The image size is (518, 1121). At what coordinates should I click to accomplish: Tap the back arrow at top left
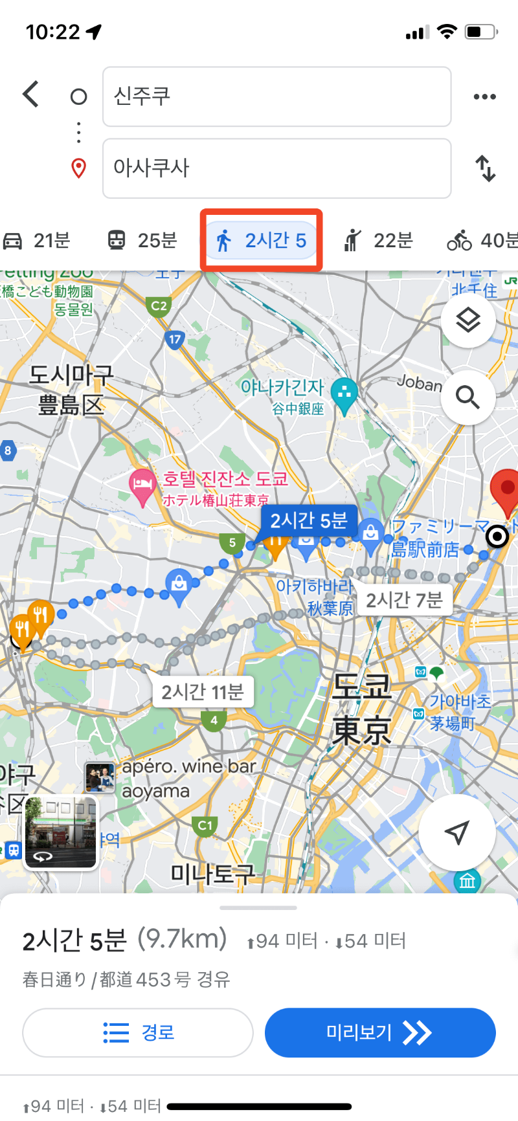(x=31, y=94)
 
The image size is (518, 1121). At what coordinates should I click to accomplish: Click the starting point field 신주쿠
(x=276, y=97)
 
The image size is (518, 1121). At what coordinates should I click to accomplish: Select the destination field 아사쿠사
(x=276, y=168)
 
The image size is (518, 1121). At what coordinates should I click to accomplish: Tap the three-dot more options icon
(x=484, y=97)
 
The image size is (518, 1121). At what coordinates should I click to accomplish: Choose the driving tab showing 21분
(x=37, y=241)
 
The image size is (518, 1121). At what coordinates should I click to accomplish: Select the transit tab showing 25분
(x=142, y=241)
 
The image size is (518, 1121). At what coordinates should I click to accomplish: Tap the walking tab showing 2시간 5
(x=262, y=241)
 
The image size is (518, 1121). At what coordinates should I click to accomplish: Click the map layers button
(x=467, y=320)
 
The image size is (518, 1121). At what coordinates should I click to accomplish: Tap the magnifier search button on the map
(x=467, y=397)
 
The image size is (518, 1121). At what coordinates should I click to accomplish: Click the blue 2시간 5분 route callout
(x=309, y=521)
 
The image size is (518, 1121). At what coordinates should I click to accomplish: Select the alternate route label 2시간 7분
(x=404, y=600)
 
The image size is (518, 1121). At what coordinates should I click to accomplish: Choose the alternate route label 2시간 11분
(x=202, y=692)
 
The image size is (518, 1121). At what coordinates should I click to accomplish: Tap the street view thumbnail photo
(x=60, y=832)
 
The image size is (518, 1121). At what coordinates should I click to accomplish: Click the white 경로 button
(x=137, y=1032)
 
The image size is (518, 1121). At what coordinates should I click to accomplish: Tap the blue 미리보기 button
(x=380, y=1032)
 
